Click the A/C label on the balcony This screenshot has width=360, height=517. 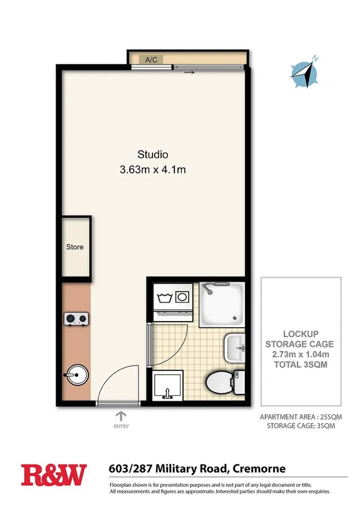click(151, 60)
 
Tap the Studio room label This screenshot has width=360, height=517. click(153, 155)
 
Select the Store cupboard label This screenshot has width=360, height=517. click(75, 247)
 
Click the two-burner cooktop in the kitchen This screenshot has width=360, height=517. click(75, 319)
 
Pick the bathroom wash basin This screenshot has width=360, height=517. click(236, 348)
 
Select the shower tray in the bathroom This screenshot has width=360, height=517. click(223, 304)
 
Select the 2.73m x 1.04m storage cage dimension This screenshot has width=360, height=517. click(299, 354)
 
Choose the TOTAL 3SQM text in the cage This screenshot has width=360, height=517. click(299, 365)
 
